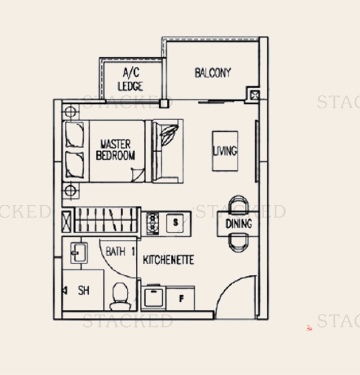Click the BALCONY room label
click(213, 72)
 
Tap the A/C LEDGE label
click(130, 79)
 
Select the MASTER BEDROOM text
click(115, 150)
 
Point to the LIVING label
click(225, 151)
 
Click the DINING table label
click(238, 224)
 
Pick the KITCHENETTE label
click(168, 260)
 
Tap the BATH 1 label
click(120, 251)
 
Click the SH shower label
click(84, 291)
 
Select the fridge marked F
click(181, 298)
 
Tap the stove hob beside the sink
click(153, 221)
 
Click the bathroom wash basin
click(76, 253)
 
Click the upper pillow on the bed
click(75, 135)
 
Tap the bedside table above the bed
click(70, 111)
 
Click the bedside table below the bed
click(70, 190)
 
